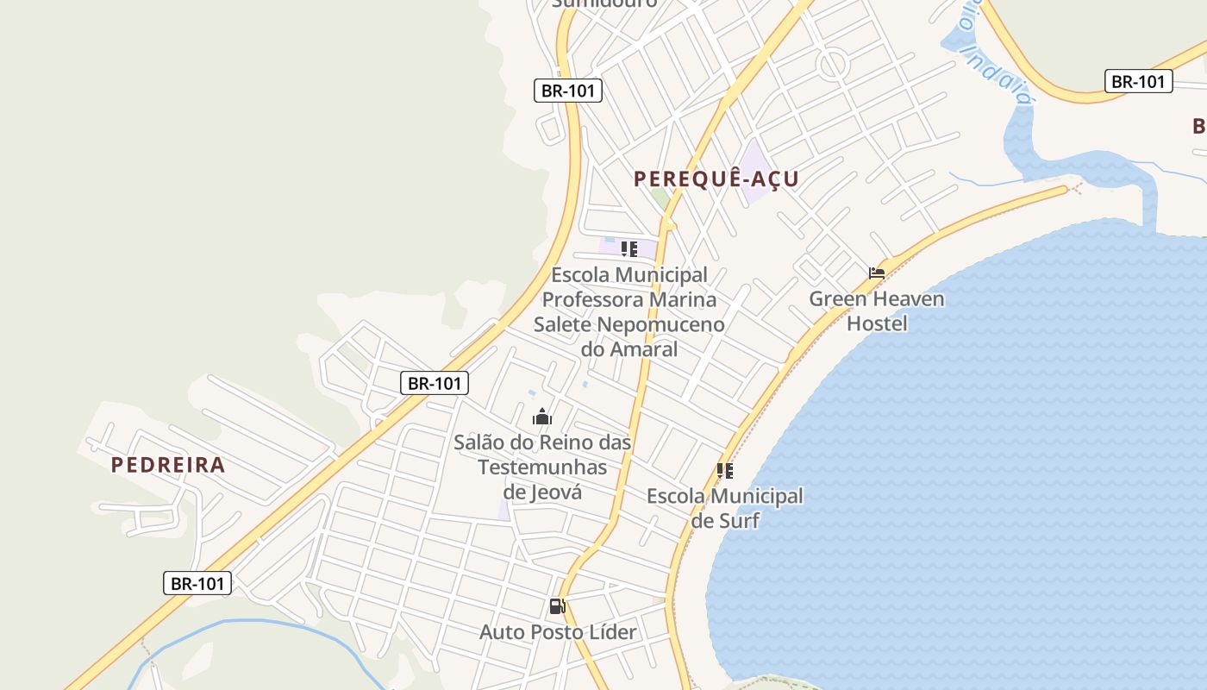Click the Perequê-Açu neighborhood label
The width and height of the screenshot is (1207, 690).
[716, 179]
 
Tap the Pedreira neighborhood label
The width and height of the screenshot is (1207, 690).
[168, 465]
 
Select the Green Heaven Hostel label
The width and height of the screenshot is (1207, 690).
[877, 311]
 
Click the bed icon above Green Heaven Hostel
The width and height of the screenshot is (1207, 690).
[877, 273]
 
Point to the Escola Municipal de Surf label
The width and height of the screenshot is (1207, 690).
[725, 508]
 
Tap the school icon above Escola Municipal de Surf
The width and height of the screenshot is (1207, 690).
[725, 471]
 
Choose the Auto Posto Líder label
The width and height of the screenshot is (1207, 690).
[558, 632]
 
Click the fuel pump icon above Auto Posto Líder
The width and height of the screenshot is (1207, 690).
[557, 606]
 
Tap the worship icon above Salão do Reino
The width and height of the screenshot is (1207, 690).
[541, 417]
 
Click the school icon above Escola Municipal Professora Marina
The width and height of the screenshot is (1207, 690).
[629, 249]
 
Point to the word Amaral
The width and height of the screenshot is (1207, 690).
[643, 349]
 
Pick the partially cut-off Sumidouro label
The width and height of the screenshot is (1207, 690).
[604, 3]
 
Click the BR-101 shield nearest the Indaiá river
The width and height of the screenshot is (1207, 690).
[1138, 82]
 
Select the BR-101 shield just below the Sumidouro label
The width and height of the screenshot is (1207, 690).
[567, 91]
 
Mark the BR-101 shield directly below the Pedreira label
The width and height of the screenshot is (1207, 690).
[197, 584]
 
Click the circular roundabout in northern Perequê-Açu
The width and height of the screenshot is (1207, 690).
[833, 65]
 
